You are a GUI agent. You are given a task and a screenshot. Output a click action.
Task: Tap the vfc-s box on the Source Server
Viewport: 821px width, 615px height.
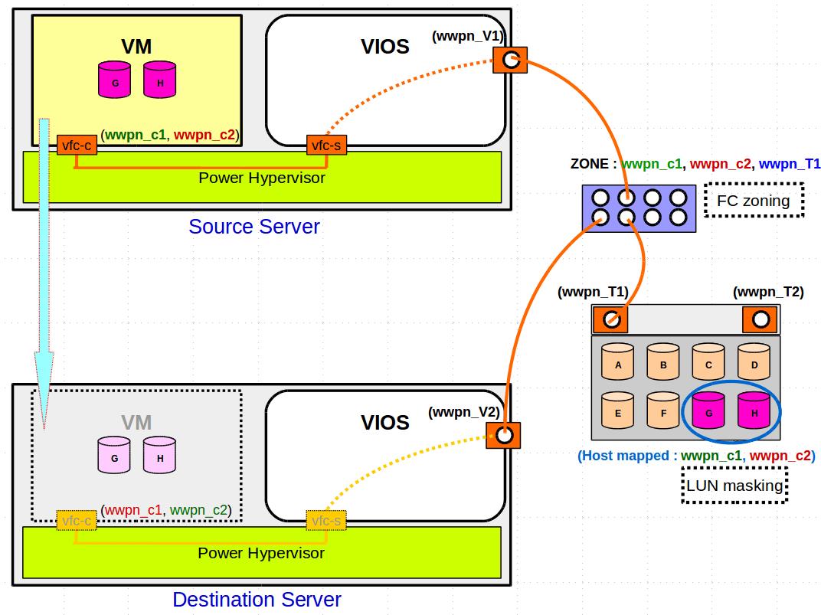(326, 144)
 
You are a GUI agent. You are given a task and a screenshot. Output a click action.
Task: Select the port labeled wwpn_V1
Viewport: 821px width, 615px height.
(510, 60)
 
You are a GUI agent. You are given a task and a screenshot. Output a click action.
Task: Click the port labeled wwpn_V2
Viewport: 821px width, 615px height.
(503, 435)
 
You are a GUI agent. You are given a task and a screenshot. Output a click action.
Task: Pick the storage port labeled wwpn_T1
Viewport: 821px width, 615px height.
(611, 319)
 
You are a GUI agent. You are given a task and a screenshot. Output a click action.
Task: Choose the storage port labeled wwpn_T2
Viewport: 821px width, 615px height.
(760, 319)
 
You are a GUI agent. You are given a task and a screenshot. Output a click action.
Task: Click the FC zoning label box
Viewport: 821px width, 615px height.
(753, 201)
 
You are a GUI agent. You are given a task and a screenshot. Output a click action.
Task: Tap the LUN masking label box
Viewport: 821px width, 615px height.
(734, 486)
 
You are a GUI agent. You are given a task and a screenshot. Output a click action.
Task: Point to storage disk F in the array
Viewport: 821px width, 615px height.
(663, 411)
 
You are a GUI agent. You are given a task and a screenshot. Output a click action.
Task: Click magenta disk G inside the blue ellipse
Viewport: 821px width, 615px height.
(708, 411)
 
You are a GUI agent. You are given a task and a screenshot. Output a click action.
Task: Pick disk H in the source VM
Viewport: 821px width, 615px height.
(159, 80)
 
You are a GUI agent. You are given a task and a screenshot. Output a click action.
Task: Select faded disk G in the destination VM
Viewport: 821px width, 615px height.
(114, 455)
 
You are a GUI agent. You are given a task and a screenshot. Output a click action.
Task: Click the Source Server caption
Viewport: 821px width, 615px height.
(253, 227)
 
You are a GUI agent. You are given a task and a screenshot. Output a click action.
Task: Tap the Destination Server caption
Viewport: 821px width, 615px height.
(257, 599)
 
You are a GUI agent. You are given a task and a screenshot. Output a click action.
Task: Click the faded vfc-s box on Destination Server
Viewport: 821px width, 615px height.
(326, 521)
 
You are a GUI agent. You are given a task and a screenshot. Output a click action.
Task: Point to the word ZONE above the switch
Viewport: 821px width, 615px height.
(590, 164)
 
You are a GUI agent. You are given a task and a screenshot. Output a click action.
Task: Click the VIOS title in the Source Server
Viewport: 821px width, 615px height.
(384, 47)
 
